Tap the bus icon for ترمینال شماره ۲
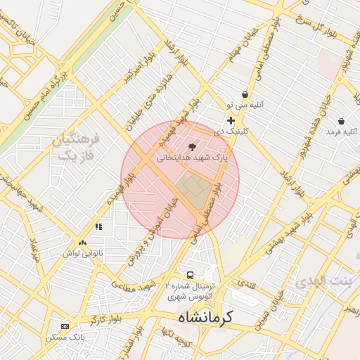[x=189, y=274]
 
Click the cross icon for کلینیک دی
[x=231, y=121]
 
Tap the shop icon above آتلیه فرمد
[x=341, y=121]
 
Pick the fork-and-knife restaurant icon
[x=99, y=226]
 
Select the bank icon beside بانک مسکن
[x=65, y=326]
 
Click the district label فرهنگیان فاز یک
[x=77, y=147]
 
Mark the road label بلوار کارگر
[x=108, y=318]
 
